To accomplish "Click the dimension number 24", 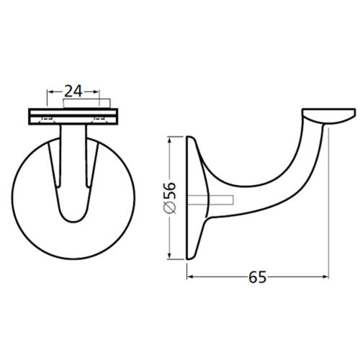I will tap(75, 91).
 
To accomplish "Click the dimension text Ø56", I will tap(168, 197).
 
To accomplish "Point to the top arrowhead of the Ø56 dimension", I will tap(170, 138).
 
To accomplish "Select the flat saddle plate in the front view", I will tap(75, 116).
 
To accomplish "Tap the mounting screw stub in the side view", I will tap(222, 199).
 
